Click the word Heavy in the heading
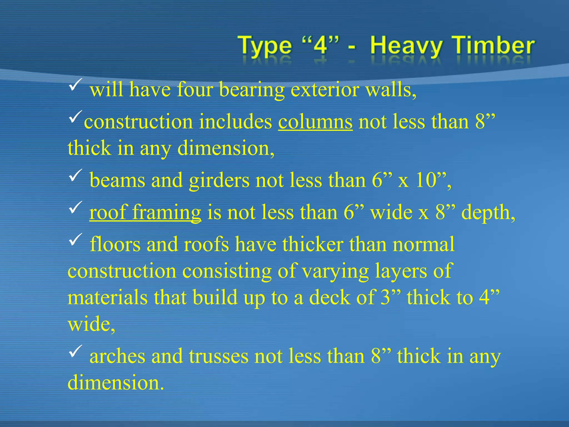pyautogui.click(x=405, y=46)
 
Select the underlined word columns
pyautogui.click(x=315, y=122)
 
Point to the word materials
pyautogui.click(x=107, y=297)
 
